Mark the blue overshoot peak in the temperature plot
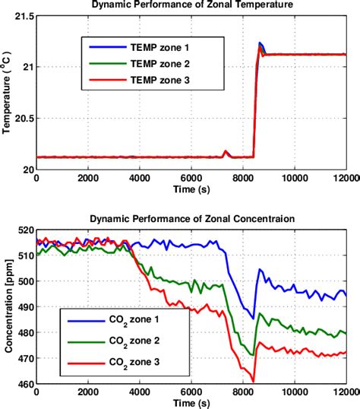click(x=261, y=43)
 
